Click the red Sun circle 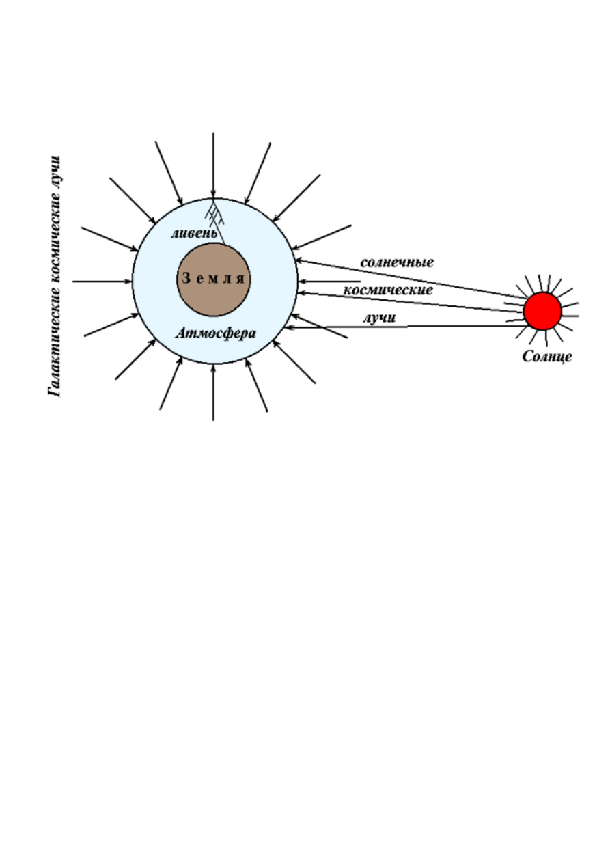(542, 311)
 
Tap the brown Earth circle (214, 279)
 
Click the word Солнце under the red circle (547, 357)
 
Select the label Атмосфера (216, 333)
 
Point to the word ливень (194, 233)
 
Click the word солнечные (397, 262)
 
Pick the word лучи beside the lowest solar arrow (379, 318)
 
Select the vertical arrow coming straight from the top (213, 165)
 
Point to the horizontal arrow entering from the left (102, 282)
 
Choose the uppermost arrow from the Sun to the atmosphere (410, 279)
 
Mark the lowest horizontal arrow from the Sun (406, 327)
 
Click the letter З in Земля (186, 278)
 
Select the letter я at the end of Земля (240, 279)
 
